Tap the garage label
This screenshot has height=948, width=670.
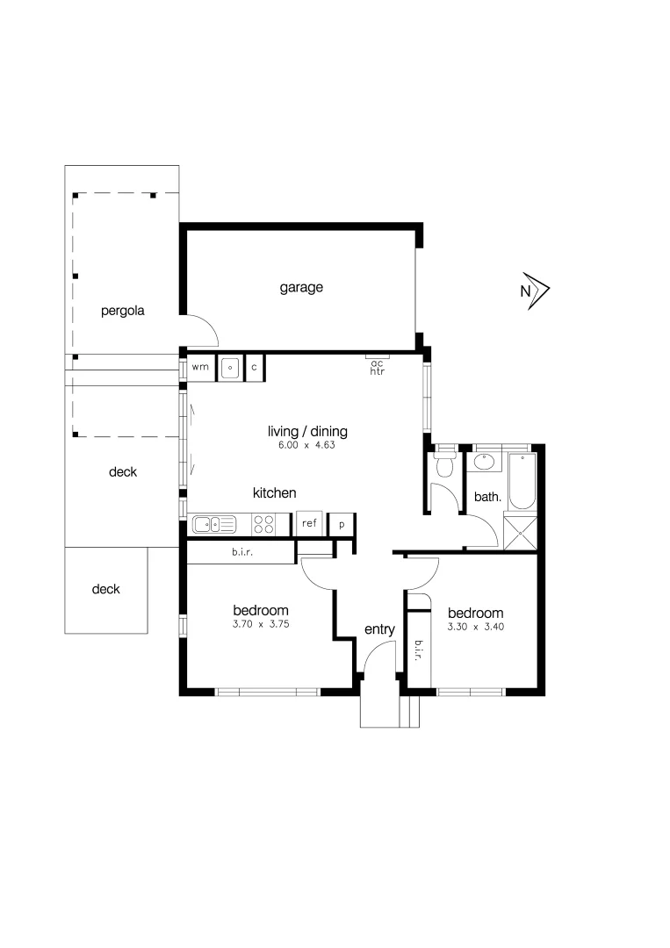pos(301,287)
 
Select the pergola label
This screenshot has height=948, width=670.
pos(122,310)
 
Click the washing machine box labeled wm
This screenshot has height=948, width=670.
pos(200,367)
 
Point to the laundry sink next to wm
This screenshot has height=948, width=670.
pos(230,367)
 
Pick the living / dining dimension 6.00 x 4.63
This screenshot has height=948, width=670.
pos(307,445)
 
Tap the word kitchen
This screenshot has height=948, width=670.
pos(274,493)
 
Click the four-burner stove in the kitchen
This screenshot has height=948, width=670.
pos(263,525)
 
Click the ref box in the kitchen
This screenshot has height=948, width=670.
pos(309,523)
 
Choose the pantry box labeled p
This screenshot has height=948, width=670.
pos(342,524)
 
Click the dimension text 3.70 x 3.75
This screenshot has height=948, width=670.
pos(261,626)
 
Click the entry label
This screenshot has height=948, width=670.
pos(379,629)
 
